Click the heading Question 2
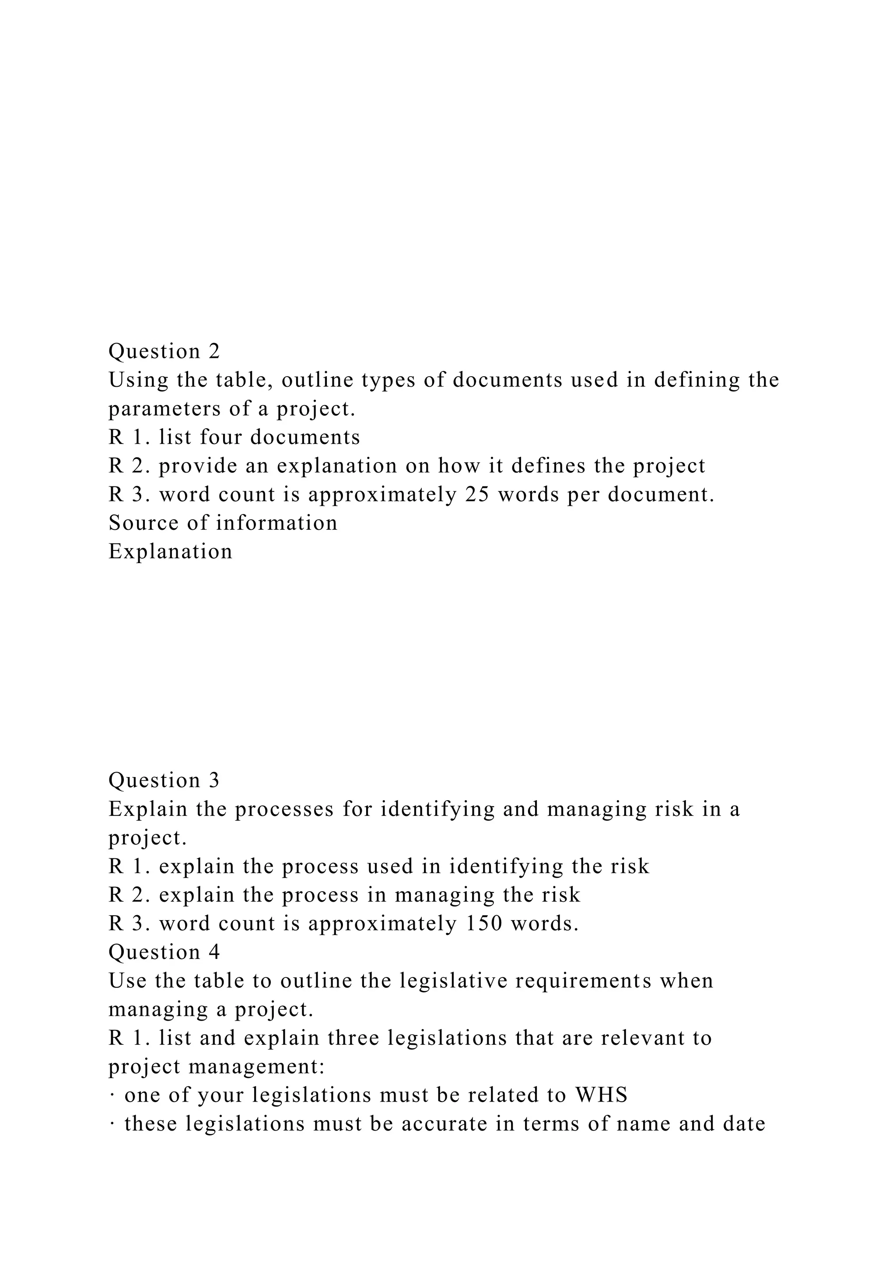(164, 351)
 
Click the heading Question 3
(164, 780)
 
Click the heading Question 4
(164, 952)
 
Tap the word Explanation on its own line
(171, 551)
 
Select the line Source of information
(223, 522)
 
